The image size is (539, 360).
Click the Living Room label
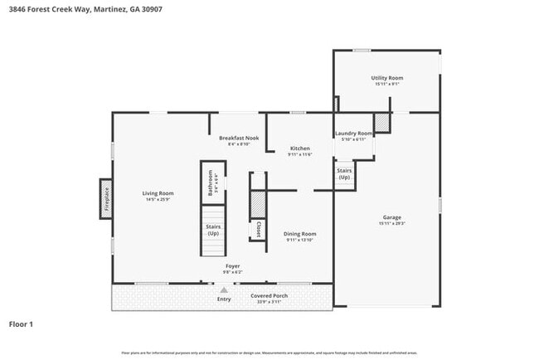click(x=158, y=193)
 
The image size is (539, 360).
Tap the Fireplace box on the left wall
click(x=106, y=198)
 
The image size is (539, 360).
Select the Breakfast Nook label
click(x=239, y=138)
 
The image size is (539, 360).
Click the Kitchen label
click(x=299, y=148)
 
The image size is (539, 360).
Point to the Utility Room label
click(x=387, y=78)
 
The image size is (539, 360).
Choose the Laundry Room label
click(x=353, y=133)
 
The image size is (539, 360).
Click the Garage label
click(x=391, y=217)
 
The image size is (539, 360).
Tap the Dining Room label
click(x=299, y=234)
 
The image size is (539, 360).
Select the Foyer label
click(x=232, y=266)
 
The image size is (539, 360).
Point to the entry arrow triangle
click(x=223, y=289)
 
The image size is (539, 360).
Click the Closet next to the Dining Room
click(x=258, y=230)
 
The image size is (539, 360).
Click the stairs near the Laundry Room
click(x=343, y=175)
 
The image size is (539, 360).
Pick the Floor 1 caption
click(x=21, y=324)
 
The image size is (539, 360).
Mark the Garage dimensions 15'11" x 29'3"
click(x=391, y=224)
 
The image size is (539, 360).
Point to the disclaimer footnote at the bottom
click(x=269, y=353)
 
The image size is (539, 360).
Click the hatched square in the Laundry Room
click(x=381, y=123)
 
